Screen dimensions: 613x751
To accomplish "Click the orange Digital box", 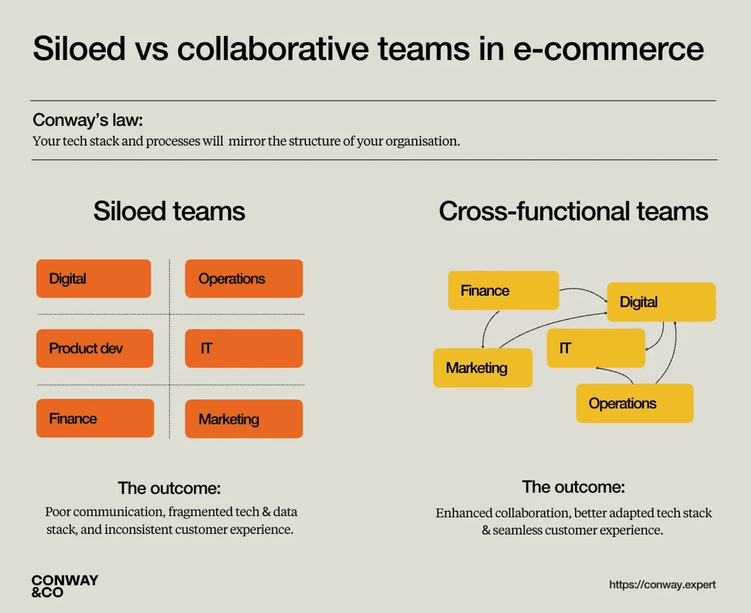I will coord(93,279).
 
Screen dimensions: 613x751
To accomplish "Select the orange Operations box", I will coord(243,279).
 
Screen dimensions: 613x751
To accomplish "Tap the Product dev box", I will coord(94,348).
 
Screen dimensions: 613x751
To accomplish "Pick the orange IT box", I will coord(243,348).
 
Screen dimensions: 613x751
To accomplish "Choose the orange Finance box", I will coord(95,418).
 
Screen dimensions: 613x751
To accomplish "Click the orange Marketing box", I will coord(243,418).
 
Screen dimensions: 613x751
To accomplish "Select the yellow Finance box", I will coord(503,291).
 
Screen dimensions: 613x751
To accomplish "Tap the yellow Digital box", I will coord(661,302).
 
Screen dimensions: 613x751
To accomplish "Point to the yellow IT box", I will coord(595,348).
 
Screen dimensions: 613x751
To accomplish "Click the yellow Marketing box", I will coord(482,368).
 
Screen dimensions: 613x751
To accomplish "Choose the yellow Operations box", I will coord(634,403).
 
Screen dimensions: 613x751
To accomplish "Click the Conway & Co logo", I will coord(64,586).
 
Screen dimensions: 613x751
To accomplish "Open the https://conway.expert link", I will coord(662,585).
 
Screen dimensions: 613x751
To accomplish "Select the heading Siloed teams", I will coord(169,211).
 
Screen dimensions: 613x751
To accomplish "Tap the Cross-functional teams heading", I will coord(573,211).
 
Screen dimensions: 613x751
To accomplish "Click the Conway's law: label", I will coord(88,120).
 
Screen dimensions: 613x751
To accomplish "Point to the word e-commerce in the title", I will coord(608,49).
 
